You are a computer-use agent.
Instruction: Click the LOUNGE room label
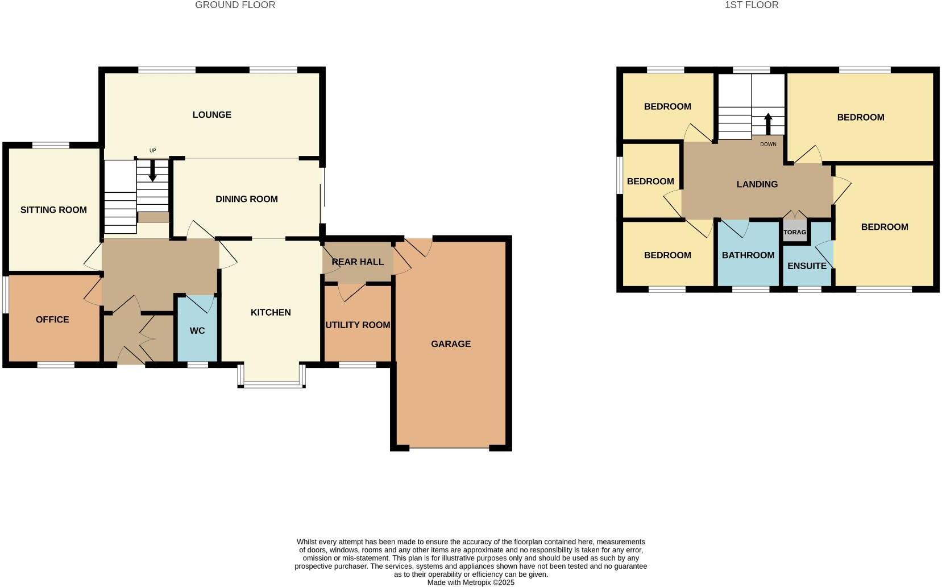212,115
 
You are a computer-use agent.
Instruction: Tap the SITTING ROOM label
53,210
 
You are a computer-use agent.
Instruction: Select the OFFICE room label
52,320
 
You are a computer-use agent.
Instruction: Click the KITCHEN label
271,312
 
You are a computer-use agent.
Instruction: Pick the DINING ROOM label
247,199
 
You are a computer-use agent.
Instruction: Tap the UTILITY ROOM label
358,325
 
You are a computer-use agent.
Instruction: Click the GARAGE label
451,344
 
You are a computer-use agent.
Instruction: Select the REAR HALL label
358,262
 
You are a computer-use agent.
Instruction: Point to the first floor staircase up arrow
768,123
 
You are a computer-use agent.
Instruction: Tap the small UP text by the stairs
153,151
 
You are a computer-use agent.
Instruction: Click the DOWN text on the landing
768,144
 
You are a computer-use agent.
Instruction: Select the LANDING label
757,184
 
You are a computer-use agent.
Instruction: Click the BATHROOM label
748,255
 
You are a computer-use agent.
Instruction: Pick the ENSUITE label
807,266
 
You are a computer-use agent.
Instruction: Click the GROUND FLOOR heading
235,5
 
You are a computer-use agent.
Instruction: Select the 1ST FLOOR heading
752,5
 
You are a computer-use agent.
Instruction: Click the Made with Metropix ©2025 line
471,583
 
